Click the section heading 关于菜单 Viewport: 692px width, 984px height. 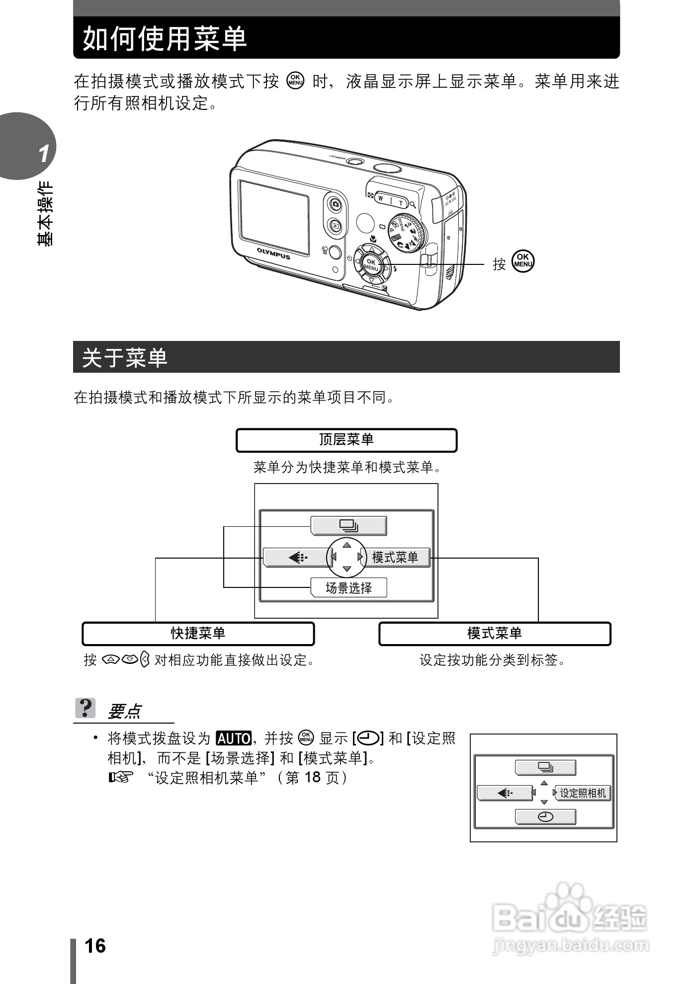(x=124, y=357)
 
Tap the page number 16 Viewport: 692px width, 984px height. (x=95, y=946)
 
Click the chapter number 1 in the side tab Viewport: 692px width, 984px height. (x=44, y=154)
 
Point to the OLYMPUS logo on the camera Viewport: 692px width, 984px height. (x=273, y=253)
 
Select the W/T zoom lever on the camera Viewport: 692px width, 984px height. (x=391, y=199)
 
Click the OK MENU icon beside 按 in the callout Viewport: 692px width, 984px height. (x=523, y=261)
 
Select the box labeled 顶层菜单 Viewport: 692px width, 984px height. (x=346, y=440)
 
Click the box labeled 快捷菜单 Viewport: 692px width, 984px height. (x=198, y=634)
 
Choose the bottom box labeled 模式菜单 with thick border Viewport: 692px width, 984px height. (x=494, y=634)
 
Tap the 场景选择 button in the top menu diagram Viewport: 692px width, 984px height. (x=348, y=588)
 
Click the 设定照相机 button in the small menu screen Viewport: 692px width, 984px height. (x=583, y=793)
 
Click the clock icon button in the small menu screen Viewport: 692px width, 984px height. (x=545, y=817)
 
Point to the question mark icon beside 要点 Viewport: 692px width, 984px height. (x=86, y=708)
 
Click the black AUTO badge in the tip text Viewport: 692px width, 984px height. (x=234, y=738)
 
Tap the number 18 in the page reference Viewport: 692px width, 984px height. (x=312, y=777)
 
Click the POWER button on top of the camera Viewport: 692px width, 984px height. (x=354, y=161)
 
